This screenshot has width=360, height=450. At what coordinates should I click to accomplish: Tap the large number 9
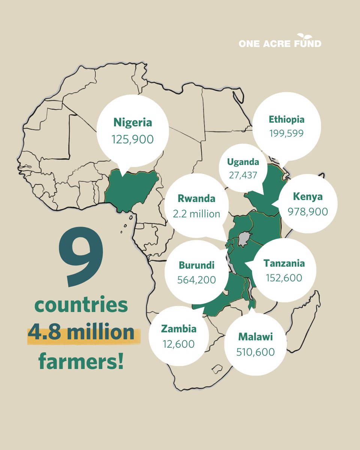pyautogui.click(x=80, y=259)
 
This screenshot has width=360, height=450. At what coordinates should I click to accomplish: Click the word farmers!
pyautogui.click(x=81, y=361)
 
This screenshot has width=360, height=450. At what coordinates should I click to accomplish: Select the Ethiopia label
pyautogui.click(x=286, y=120)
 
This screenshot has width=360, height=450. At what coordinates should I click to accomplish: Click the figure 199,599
pyautogui.click(x=286, y=133)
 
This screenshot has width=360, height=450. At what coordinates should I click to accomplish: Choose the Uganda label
pyautogui.click(x=243, y=162)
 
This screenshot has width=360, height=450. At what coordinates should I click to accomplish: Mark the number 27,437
pyautogui.click(x=243, y=175)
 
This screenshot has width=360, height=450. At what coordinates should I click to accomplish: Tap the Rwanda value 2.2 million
pyautogui.click(x=196, y=214)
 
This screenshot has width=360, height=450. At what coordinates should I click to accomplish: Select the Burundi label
pyautogui.click(x=196, y=265)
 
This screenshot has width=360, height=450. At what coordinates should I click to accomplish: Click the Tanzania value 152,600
pyautogui.click(x=284, y=278)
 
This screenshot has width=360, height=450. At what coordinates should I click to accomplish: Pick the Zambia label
pyautogui.click(x=178, y=329)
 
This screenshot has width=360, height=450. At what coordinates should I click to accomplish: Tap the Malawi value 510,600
pyautogui.click(x=255, y=352)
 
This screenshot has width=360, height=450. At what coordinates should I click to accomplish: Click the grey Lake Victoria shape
pyautogui.click(x=244, y=238)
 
